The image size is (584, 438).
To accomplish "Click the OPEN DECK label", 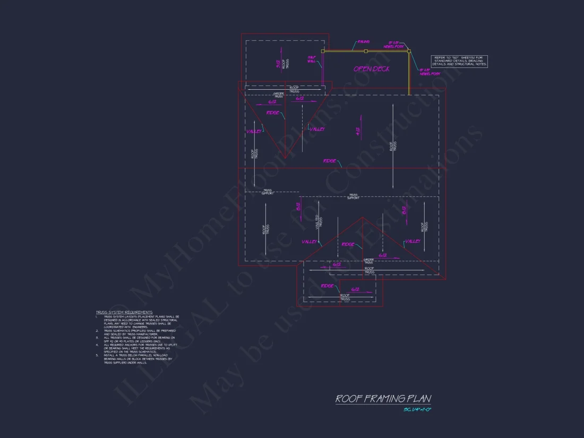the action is tap(372, 69).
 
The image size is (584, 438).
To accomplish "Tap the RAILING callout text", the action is tap(364, 41).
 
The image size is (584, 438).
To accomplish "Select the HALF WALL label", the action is tap(312, 59).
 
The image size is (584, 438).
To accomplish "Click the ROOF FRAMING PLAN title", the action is tap(383, 399).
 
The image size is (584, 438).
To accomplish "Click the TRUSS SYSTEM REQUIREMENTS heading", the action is tap(124, 312).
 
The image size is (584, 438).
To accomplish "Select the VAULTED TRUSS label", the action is tap(319, 222).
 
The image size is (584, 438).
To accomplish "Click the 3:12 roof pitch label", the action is tap(278, 64).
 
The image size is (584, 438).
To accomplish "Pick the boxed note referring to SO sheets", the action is tap(459, 61).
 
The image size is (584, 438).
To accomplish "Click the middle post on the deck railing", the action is tap(366, 51).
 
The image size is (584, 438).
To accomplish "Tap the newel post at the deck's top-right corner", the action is tap(409, 51).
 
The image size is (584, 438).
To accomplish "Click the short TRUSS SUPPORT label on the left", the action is tap(268, 191).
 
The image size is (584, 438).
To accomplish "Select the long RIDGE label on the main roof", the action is tap(329, 160).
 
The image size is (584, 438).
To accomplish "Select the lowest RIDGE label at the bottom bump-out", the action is tap(327, 286).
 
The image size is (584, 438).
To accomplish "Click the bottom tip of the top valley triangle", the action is tap(285, 158).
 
